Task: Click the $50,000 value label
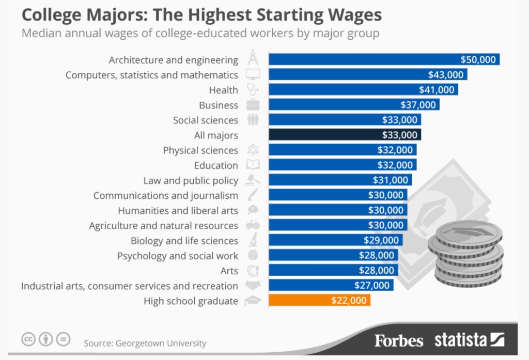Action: coord(478,59)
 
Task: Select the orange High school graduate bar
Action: coord(320,301)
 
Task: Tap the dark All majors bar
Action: coord(345,135)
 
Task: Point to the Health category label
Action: coord(223,90)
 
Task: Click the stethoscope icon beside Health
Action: coord(253,89)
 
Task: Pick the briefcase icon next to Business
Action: coord(253,105)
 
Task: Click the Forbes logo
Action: coord(398,340)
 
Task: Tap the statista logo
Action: coord(469,340)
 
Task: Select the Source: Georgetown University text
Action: coord(145,343)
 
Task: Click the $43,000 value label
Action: coord(446,74)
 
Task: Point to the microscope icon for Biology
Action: coord(253,240)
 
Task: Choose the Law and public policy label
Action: coord(191,180)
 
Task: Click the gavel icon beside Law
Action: coord(253,180)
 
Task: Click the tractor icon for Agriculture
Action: coord(253,225)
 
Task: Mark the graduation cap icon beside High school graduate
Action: coord(253,301)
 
